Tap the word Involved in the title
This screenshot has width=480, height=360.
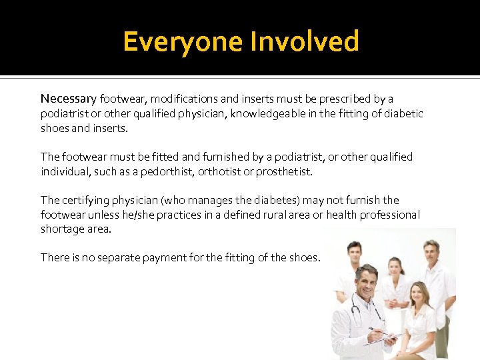coord(304,42)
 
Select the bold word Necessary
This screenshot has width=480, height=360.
coord(69,99)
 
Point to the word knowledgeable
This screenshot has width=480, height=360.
coord(272,113)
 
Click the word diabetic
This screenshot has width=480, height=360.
coord(403,113)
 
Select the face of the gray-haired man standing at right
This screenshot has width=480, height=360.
coord(431,252)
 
